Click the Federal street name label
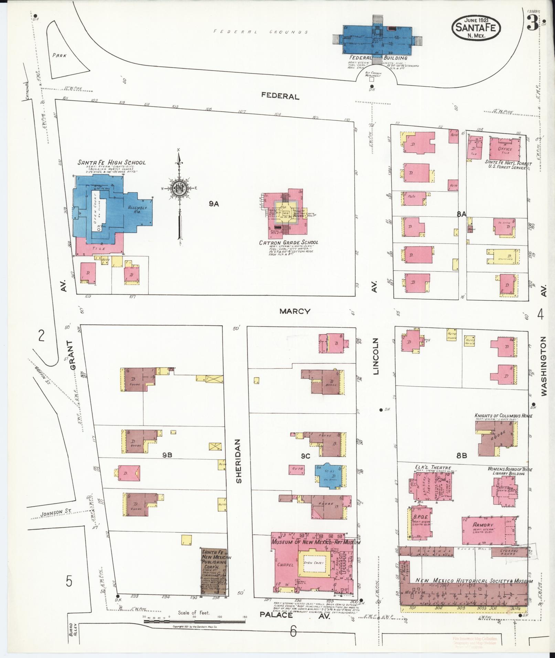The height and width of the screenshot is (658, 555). pos(280,96)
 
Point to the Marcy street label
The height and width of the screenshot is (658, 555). pos(295,311)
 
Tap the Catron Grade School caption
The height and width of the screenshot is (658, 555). pos(288,242)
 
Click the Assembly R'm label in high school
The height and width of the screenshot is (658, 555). pos(137,209)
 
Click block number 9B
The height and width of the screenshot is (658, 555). pos(167,455)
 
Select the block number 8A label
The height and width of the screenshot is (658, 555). pos(461,214)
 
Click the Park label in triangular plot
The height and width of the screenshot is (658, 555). pos(59,55)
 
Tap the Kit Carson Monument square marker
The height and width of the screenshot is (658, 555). pos(371,80)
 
